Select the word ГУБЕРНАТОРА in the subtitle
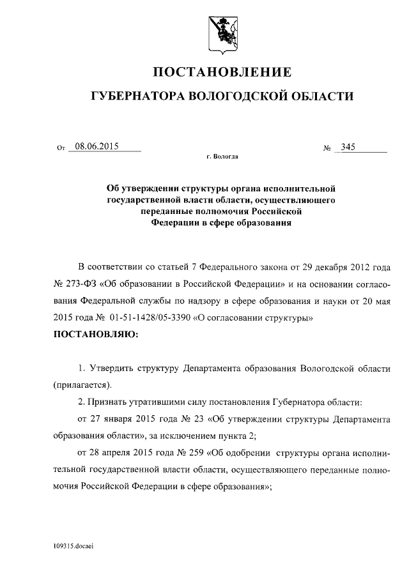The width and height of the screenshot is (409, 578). click(x=136, y=96)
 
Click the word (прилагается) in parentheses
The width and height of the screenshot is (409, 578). click(x=82, y=386)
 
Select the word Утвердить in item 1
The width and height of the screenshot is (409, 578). click(x=109, y=370)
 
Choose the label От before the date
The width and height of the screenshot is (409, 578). click(x=61, y=149)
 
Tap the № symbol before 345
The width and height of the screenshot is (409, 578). click(x=327, y=149)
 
